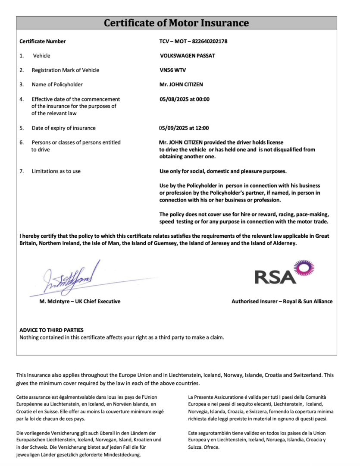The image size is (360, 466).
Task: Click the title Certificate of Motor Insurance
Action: [176, 23]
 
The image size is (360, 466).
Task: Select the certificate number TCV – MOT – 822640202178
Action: [193, 41]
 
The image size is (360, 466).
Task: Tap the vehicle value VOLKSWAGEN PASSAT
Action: [187, 56]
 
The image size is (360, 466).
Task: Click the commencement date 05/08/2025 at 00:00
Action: [184, 99]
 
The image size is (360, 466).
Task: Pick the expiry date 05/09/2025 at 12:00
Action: [184, 128]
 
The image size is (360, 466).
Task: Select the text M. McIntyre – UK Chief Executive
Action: [80, 302]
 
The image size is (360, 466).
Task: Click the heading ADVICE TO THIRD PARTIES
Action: [51, 330]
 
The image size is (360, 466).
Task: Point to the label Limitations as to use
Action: [56, 171]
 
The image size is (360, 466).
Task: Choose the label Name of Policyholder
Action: [57, 85]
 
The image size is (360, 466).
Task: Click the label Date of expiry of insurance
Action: [63, 128]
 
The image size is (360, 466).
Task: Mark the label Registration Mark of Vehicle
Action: [65, 70]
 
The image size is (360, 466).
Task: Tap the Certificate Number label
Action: [43, 41]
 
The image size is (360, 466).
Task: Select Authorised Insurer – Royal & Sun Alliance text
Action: [282, 302]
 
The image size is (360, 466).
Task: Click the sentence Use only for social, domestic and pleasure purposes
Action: [223, 171]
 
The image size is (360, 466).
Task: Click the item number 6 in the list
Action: [22, 142]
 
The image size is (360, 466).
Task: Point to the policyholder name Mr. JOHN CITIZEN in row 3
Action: [181, 85]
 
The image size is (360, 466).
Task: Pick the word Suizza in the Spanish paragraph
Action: [196, 447]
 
